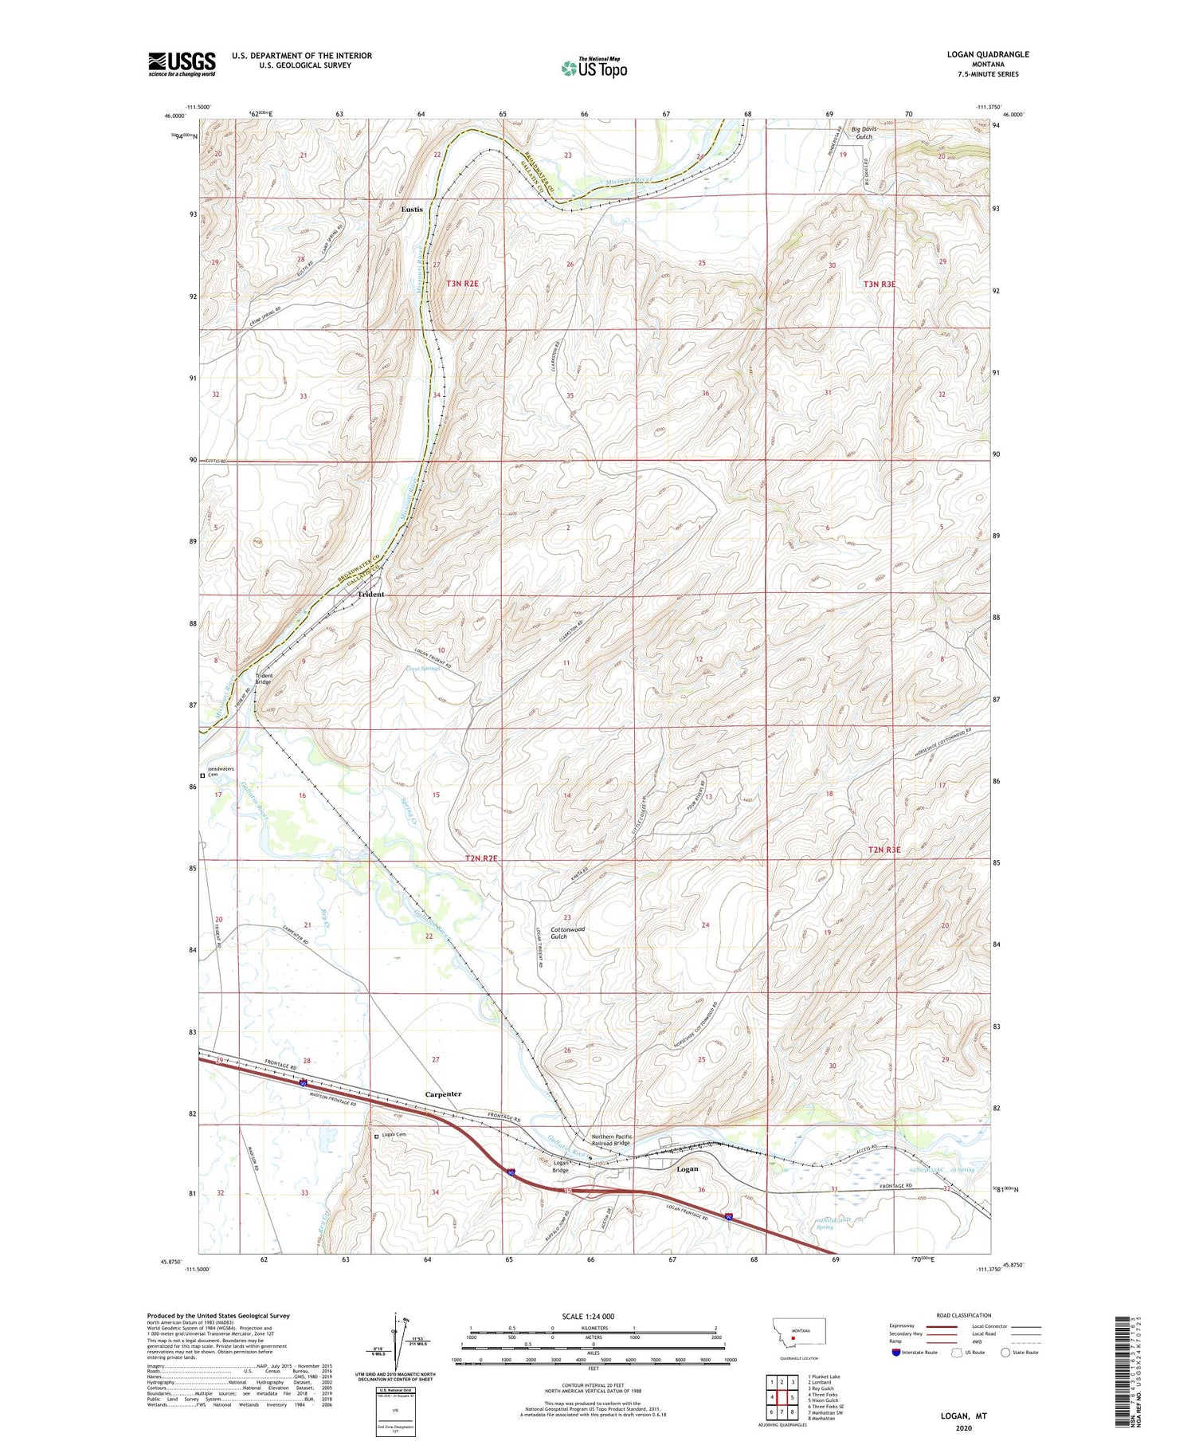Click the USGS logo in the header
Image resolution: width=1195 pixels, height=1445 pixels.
[182, 63]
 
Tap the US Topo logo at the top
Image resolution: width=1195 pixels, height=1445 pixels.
[594, 68]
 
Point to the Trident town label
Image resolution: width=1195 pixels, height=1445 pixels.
[370, 594]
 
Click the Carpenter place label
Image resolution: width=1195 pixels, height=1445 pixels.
[443, 1094]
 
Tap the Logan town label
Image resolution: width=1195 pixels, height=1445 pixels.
[687, 1169]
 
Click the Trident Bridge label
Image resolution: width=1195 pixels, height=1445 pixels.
[264, 679]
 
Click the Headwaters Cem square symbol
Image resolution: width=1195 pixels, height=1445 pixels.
[202, 775]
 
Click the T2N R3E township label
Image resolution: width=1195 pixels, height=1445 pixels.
[884, 850]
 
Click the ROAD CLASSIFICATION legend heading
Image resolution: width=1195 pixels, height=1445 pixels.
[964, 1315]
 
